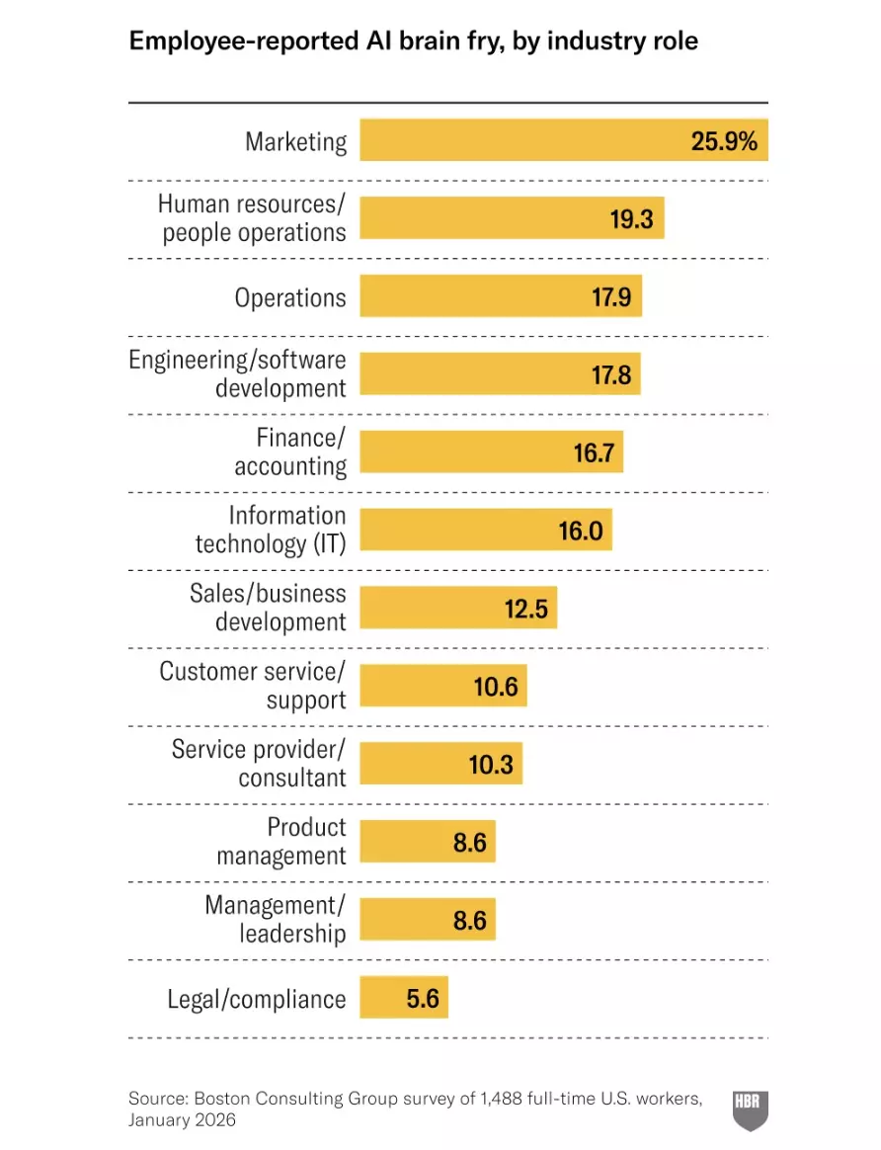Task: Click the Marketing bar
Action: tap(563, 140)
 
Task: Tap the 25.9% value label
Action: tap(724, 140)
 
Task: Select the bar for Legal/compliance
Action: tap(403, 998)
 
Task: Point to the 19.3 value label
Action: tap(631, 218)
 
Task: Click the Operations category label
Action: tap(290, 297)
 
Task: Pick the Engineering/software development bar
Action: tap(500, 374)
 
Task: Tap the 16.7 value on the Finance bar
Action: tap(595, 452)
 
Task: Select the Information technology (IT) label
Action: tap(271, 530)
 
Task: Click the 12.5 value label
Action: tap(525, 609)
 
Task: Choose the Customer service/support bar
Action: tap(442, 686)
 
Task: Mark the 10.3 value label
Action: tap(492, 764)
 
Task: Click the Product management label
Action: tap(282, 841)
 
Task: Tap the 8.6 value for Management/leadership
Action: tap(470, 920)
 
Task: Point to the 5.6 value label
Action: tap(423, 998)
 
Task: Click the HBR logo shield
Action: tap(749, 1109)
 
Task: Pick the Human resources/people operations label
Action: tap(253, 218)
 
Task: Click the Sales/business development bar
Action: tap(458, 609)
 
